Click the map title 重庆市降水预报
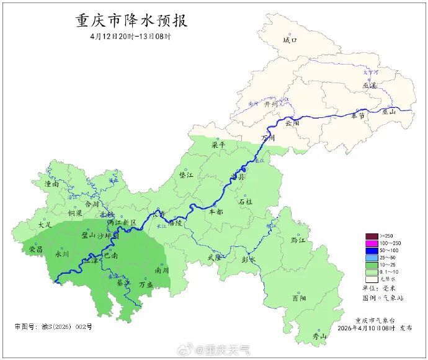(x=132, y=20)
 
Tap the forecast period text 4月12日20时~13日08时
(x=130, y=37)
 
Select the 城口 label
(x=290, y=40)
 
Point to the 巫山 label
(x=389, y=112)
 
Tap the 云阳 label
(x=292, y=123)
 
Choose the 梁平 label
(x=218, y=144)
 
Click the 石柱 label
(x=246, y=202)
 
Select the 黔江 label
(x=298, y=240)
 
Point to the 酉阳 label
(x=299, y=299)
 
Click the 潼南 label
(x=51, y=184)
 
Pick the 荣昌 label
(x=36, y=249)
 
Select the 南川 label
(x=162, y=271)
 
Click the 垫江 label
(x=186, y=176)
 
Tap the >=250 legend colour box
(x=372, y=236)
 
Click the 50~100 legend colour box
(x=372, y=250)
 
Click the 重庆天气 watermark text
(x=228, y=351)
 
